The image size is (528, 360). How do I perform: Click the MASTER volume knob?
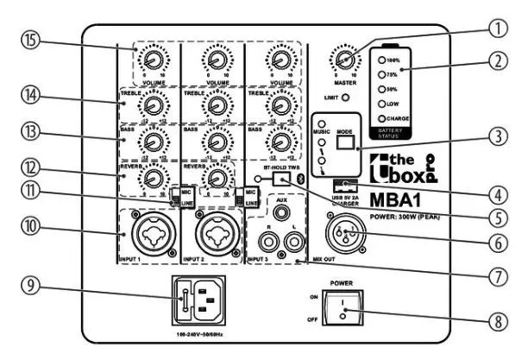click(x=344, y=60)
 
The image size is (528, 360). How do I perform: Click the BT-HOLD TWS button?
click(x=279, y=178)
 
